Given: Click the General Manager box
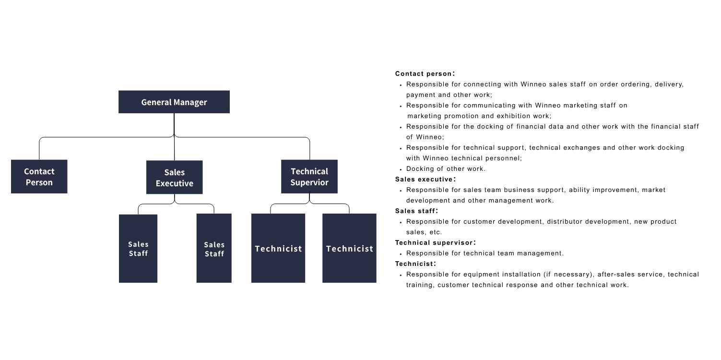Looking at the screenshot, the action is [174, 102].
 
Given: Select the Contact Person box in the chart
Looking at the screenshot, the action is [39, 177].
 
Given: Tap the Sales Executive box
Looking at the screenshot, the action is [175, 178].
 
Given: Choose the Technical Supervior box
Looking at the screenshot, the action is [309, 177].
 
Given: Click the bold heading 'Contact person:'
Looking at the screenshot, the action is [425, 74].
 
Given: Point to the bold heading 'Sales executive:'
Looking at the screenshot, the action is [426, 180].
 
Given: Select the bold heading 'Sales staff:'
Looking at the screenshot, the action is [416, 211].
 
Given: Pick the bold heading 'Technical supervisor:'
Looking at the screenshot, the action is [435, 242].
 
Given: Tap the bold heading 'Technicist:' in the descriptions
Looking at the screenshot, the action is [415, 264].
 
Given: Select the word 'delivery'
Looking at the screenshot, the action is [669, 84].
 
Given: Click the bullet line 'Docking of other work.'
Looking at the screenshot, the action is [446, 169].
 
